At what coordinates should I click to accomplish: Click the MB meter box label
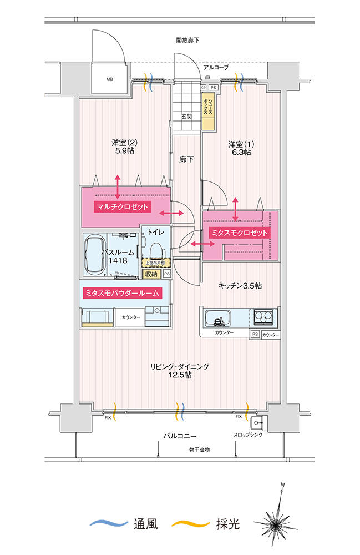(109, 79)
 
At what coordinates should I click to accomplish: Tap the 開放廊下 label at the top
(187, 40)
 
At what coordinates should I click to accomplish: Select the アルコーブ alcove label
(216, 67)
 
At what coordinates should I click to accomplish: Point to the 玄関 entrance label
(186, 117)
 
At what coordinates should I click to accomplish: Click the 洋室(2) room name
(124, 142)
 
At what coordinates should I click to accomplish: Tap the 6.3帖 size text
(240, 153)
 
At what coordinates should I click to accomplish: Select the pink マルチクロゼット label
(123, 207)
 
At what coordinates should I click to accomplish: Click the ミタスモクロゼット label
(239, 233)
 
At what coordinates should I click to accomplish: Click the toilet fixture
(155, 248)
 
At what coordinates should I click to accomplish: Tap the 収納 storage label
(150, 274)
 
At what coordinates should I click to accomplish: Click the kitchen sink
(218, 319)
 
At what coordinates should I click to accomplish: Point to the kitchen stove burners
(265, 318)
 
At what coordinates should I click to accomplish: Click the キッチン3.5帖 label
(240, 285)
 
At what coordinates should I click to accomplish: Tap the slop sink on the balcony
(256, 421)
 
